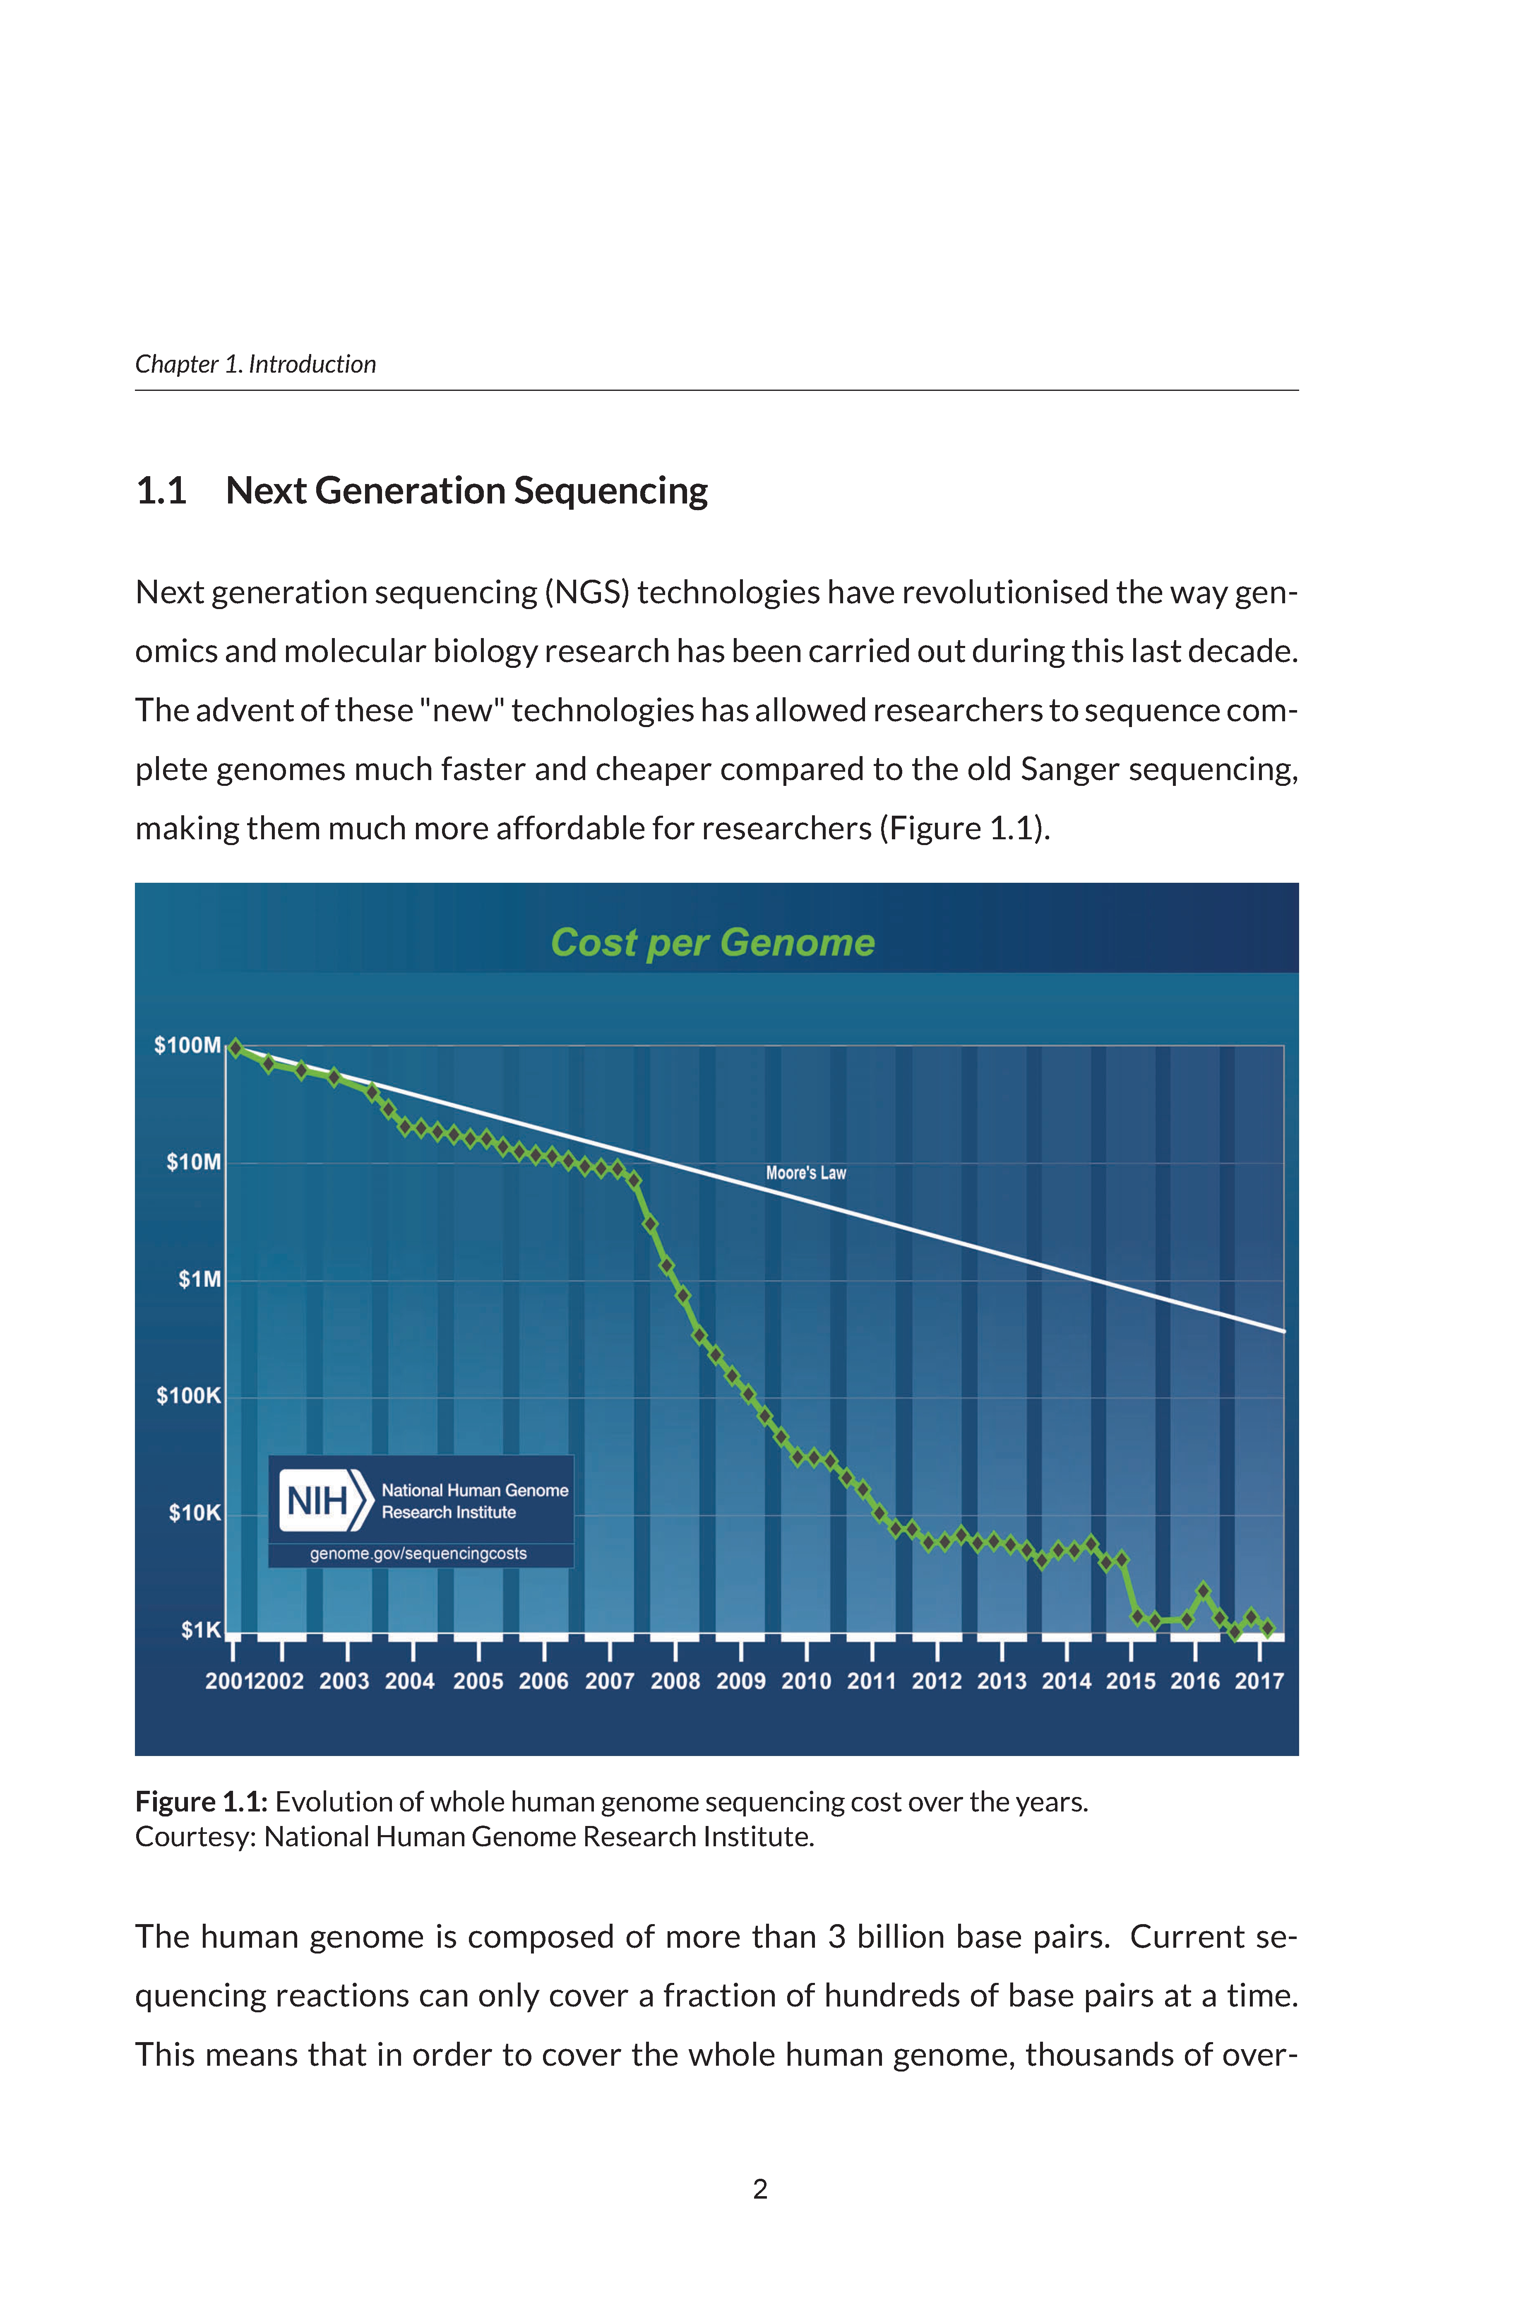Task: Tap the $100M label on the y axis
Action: pos(187,1045)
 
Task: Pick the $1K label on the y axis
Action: pos(201,1631)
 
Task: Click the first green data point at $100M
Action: pos(235,1048)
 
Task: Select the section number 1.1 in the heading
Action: pos(161,491)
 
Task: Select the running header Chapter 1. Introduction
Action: pos(255,364)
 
